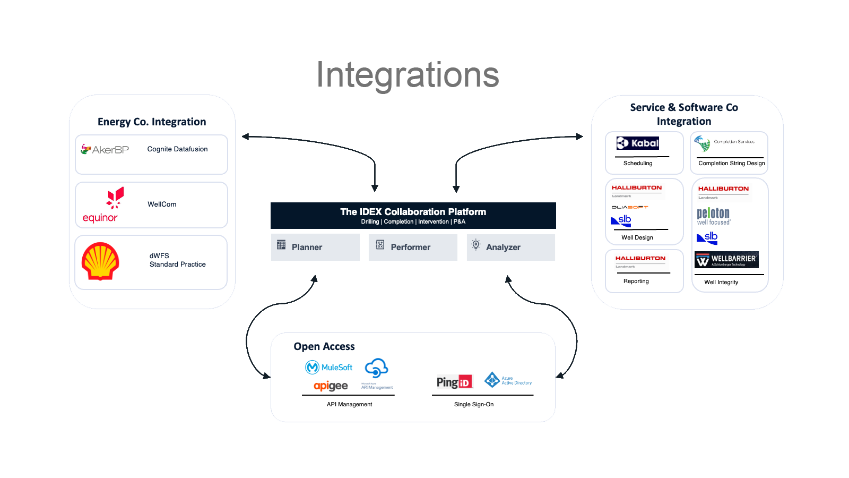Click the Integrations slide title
point(408,75)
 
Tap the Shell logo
point(100,261)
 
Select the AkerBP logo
point(105,150)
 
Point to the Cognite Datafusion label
point(177,149)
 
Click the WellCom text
point(162,204)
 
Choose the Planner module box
point(315,247)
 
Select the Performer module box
point(412,247)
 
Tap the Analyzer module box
point(510,247)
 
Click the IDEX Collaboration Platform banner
point(413,216)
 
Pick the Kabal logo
point(638,143)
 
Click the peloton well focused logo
point(713,216)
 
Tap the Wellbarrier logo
point(726,260)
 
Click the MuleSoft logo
point(329,367)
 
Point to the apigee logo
point(331,386)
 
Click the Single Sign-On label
point(473,404)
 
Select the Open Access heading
point(324,346)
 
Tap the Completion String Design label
point(731,163)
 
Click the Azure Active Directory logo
point(508,380)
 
